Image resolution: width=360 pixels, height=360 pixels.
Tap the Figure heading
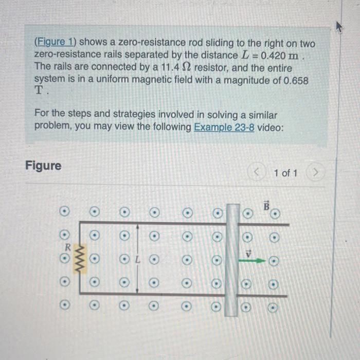pyautogui.click(x=43, y=166)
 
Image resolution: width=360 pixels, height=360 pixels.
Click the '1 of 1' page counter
pyautogui.click(x=285, y=173)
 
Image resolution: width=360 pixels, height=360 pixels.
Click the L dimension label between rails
pyautogui.click(x=137, y=259)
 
